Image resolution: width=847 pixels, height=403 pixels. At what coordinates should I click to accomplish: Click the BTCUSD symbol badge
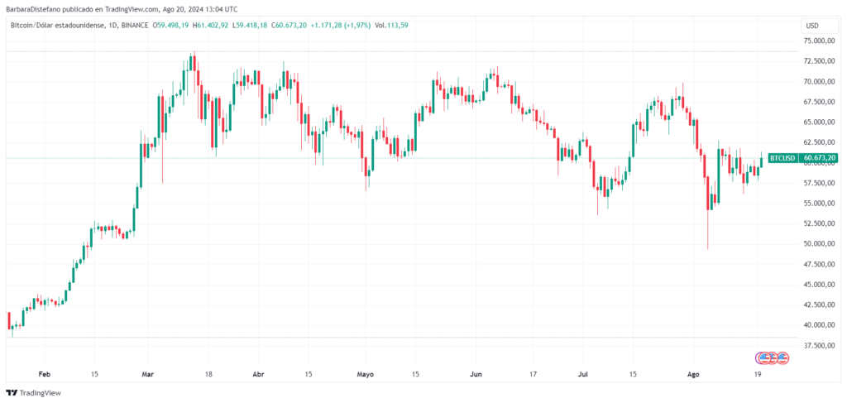pos(782,157)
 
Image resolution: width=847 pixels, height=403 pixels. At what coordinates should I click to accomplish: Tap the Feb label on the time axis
pos(45,374)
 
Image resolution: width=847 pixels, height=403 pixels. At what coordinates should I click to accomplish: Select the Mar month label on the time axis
pos(147,374)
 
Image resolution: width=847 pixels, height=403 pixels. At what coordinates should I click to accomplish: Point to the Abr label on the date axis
pos(257,374)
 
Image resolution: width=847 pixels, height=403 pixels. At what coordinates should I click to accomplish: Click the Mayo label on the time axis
pos(365,374)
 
